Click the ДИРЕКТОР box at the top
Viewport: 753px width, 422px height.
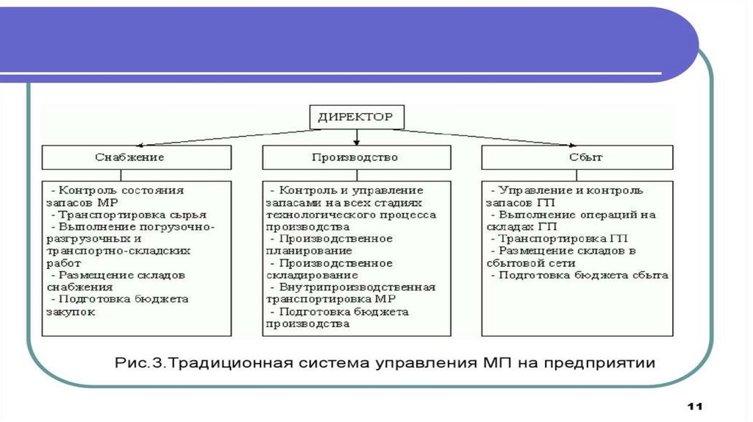(x=355, y=116)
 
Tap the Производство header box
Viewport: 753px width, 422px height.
(x=356, y=157)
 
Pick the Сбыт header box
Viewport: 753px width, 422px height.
(x=577, y=157)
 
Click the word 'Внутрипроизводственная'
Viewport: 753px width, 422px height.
(x=357, y=287)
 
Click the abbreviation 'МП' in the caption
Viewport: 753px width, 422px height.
(x=498, y=363)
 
